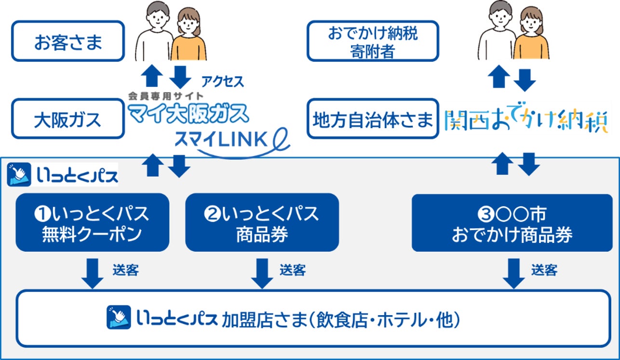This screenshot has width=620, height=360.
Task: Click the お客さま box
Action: point(68,41)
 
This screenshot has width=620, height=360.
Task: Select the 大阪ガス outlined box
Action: point(68,119)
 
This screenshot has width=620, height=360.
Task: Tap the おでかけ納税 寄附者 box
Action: point(373,41)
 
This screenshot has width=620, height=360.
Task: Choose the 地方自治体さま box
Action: point(373,119)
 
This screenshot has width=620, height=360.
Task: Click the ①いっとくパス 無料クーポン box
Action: point(93,223)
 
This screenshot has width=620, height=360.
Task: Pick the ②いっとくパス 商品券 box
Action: point(262,223)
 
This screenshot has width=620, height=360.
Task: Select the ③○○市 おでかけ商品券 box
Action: point(512,223)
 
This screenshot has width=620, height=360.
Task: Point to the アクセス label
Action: point(223,81)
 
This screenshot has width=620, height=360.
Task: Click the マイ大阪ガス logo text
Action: point(189,113)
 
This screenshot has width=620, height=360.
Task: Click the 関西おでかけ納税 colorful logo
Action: point(526,121)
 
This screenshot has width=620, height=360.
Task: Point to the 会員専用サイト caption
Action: point(165,96)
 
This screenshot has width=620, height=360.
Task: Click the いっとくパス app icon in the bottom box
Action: point(119,317)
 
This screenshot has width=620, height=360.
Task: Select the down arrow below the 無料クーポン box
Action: point(93,274)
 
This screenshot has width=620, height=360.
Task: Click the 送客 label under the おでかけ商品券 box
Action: point(544,270)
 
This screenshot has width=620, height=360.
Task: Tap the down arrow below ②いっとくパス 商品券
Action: point(262,274)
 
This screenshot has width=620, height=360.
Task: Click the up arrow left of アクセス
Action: point(152,76)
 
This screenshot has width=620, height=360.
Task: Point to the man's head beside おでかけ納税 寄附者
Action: point(500,15)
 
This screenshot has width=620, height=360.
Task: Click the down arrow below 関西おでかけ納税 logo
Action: point(529,164)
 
